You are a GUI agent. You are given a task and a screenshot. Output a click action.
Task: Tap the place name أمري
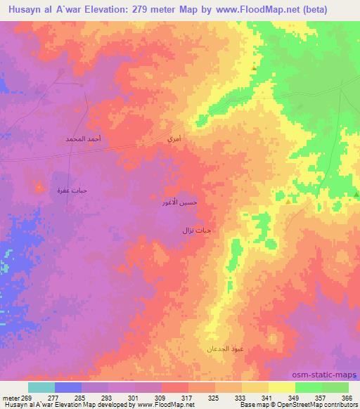tap(174, 141)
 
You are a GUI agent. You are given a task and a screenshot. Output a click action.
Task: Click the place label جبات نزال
tap(197, 230)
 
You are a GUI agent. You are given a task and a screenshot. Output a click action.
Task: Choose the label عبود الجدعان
tap(224, 349)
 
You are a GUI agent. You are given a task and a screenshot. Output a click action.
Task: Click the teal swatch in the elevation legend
tap(41, 387)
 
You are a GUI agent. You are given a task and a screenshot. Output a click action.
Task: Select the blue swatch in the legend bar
tap(68, 387)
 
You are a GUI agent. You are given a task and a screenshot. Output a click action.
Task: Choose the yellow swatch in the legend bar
tap(282, 387)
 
